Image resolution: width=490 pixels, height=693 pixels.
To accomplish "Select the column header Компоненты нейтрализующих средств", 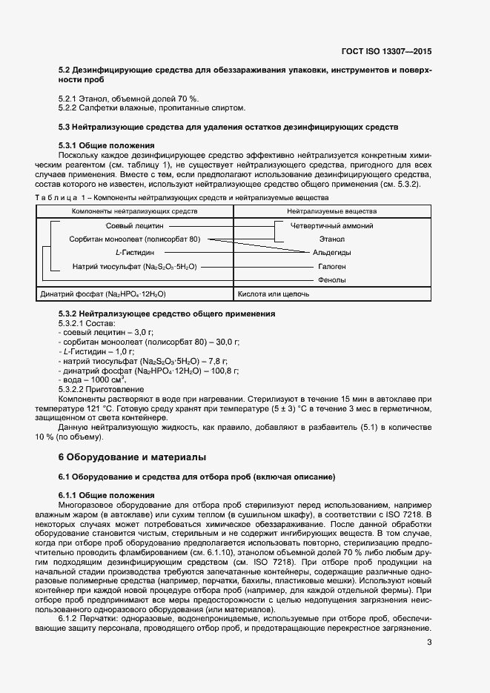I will click(x=134, y=212).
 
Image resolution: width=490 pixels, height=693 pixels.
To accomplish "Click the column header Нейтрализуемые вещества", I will click(x=331, y=212).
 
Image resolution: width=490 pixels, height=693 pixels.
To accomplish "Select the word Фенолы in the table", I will click(x=331, y=279).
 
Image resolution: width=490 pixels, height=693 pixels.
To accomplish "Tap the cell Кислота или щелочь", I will click(x=274, y=294).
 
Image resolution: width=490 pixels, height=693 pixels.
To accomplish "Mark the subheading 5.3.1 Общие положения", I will click(x=106, y=145).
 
